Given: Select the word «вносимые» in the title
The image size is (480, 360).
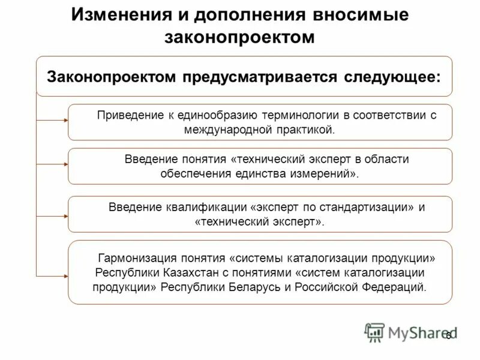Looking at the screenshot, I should tap(365, 14).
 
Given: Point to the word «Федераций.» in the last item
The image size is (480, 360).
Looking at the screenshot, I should tap(396, 286).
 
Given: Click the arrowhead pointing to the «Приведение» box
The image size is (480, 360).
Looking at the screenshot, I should tap(65, 121).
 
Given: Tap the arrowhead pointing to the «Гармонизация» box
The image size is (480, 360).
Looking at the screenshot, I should tap(65, 275).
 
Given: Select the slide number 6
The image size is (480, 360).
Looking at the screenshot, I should tap(448, 335).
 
